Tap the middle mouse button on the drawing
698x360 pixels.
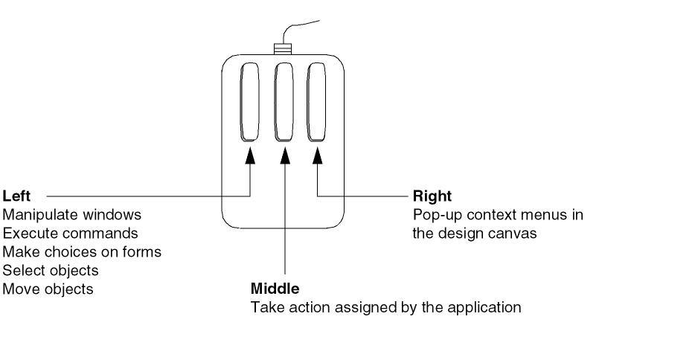coord(284,103)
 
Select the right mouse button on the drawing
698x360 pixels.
coord(318,103)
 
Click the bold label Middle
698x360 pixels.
coord(275,288)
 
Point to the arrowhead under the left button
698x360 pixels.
coord(250,153)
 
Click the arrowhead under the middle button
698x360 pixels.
coord(284,153)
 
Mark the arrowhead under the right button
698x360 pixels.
coord(318,153)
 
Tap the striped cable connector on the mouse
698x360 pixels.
coord(283,49)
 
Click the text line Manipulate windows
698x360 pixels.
coord(72,215)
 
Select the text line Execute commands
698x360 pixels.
coord(71,234)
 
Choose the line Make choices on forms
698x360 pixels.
coord(82,252)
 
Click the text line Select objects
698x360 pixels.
coord(51,271)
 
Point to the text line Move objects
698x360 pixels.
coord(48,289)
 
